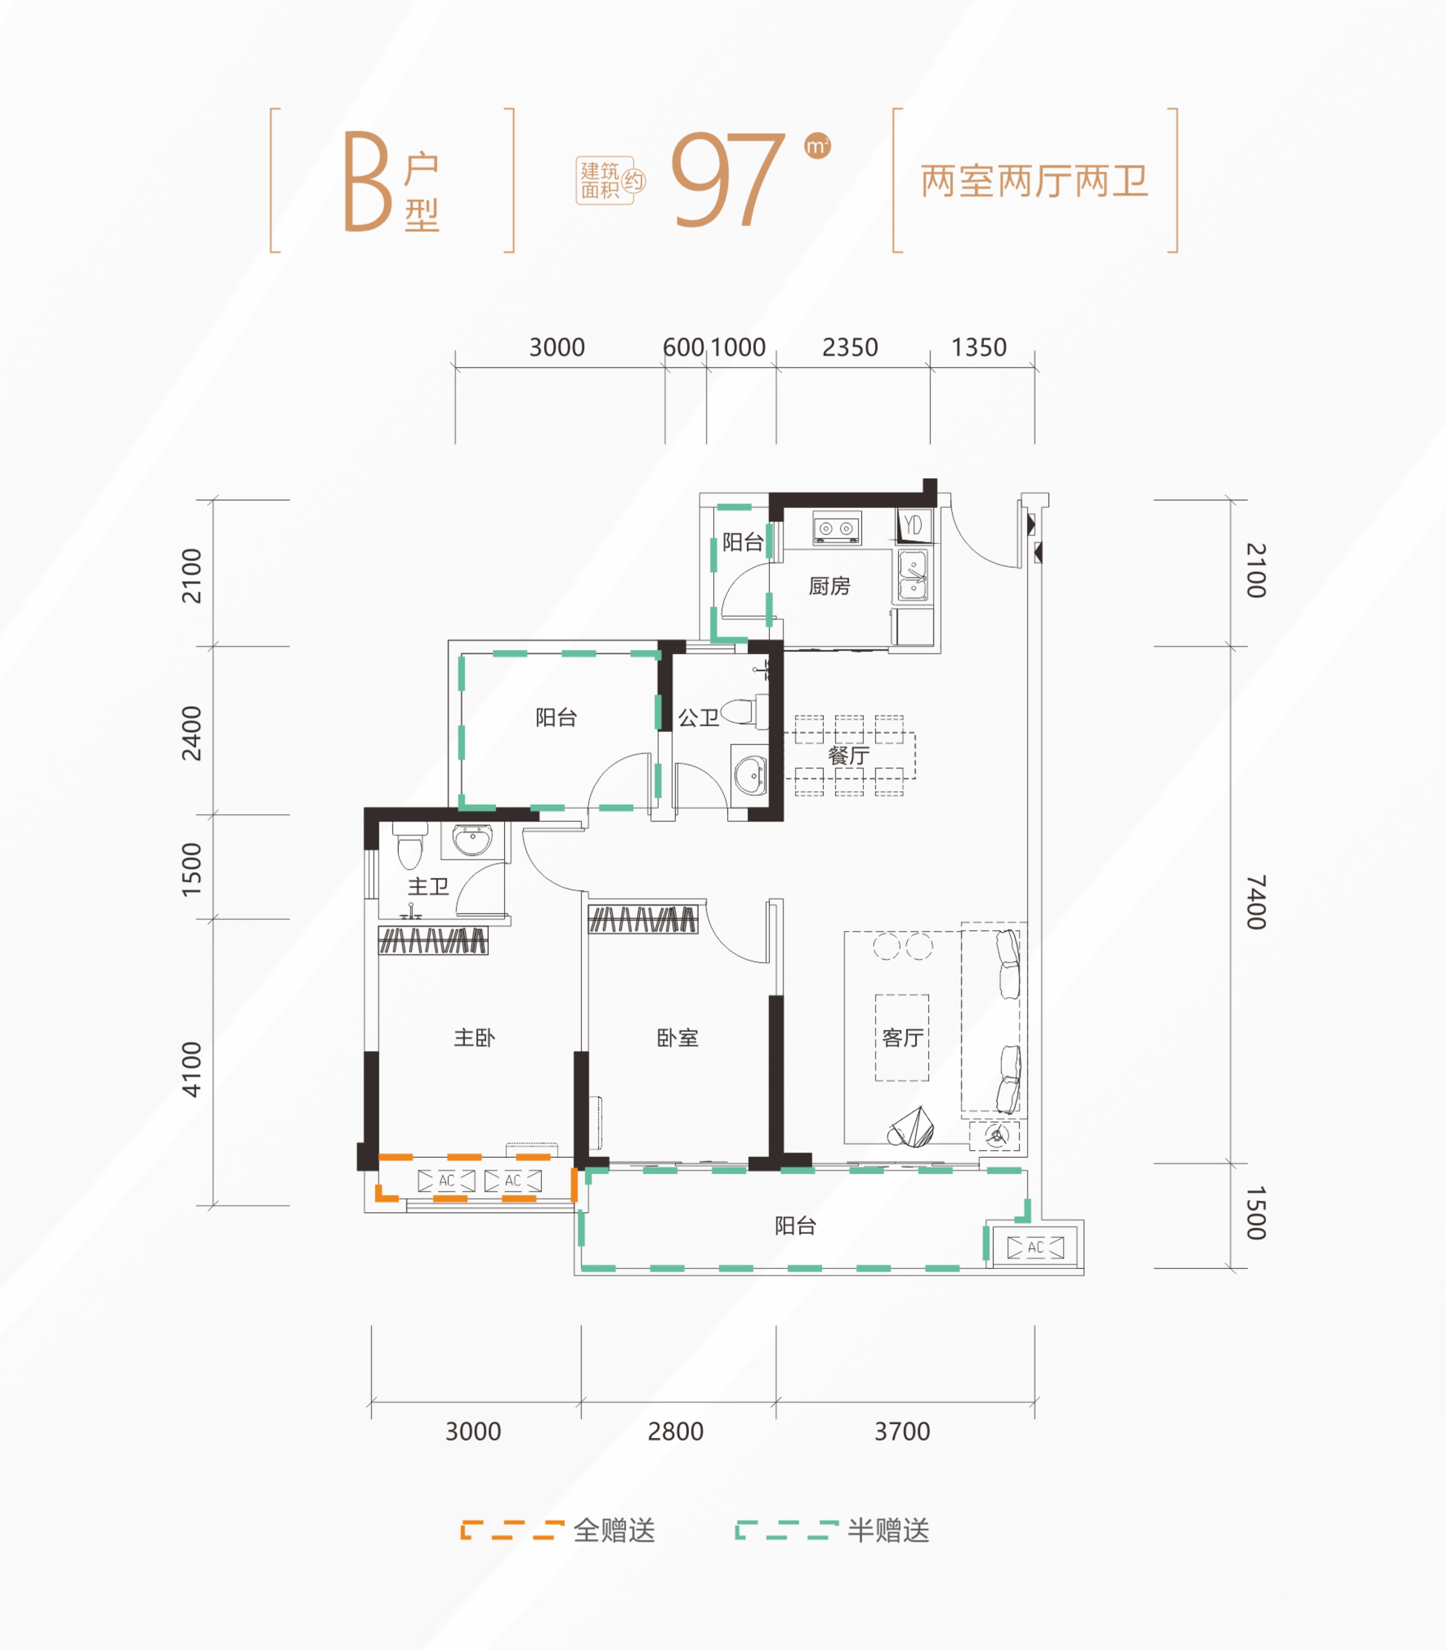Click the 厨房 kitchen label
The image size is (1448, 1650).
(829, 586)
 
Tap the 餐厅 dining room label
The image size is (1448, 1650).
(848, 756)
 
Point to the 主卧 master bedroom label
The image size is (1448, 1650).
(474, 1038)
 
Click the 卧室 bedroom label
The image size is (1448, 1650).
(677, 1038)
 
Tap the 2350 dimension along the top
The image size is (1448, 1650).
(850, 348)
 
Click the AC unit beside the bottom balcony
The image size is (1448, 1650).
(1036, 1247)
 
